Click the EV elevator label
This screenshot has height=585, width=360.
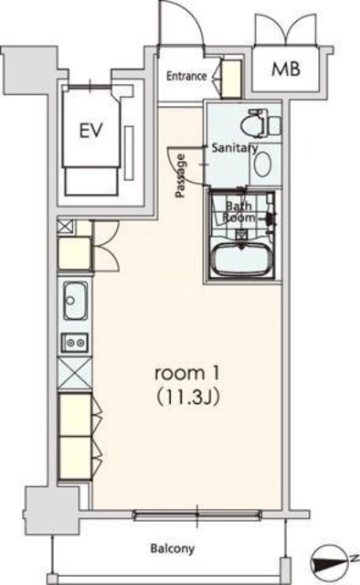point(91,131)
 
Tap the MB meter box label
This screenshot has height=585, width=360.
point(285,69)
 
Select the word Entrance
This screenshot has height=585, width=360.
point(186,76)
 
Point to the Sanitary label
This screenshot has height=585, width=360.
point(235,148)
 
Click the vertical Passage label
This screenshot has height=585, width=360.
point(181,175)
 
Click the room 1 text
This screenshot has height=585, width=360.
point(187,373)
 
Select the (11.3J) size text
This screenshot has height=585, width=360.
point(187,398)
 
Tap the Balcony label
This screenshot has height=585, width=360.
point(173,548)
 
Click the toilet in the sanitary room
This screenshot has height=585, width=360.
point(261,124)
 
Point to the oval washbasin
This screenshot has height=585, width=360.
point(262,165)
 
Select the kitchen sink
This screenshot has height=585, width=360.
point(76,301)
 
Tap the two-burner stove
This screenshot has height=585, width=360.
point(75,342)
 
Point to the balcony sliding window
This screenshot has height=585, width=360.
point(197,516)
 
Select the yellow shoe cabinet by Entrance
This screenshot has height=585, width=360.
point(231,79)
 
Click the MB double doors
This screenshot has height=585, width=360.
point(286,30)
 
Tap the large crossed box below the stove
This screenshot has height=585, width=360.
point(75,373)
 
